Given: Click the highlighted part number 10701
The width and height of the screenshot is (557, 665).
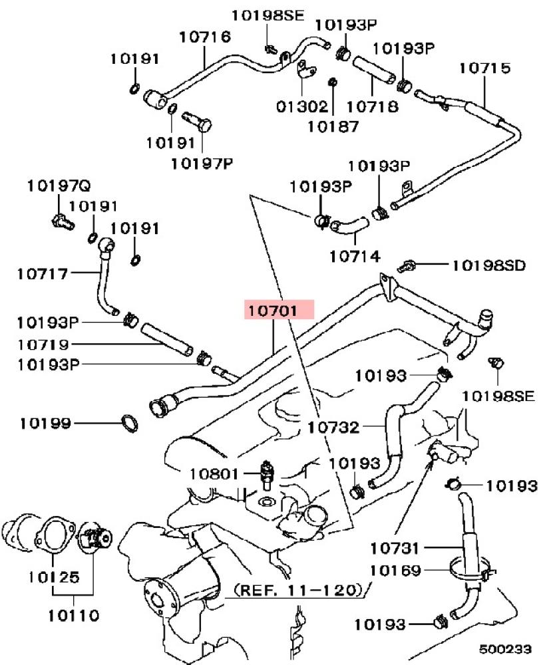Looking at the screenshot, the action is coord(273,311).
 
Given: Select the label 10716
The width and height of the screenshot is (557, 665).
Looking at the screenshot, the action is coord(205,37).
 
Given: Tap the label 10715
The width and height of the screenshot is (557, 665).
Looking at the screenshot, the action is coord(485,68).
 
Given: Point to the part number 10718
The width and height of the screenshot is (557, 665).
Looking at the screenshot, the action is coord(372,106).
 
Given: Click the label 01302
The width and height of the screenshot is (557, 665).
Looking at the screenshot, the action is coord(302,106).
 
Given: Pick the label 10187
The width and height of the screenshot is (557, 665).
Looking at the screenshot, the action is coord(333,126).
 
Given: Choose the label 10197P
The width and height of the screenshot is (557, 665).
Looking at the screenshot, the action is coord(202,164).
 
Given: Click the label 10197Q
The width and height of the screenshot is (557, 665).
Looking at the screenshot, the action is coord(59,186).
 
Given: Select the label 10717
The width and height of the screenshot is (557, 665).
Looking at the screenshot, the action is coord(43,273).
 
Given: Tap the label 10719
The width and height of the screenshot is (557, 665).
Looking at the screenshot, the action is coord(43,344).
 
